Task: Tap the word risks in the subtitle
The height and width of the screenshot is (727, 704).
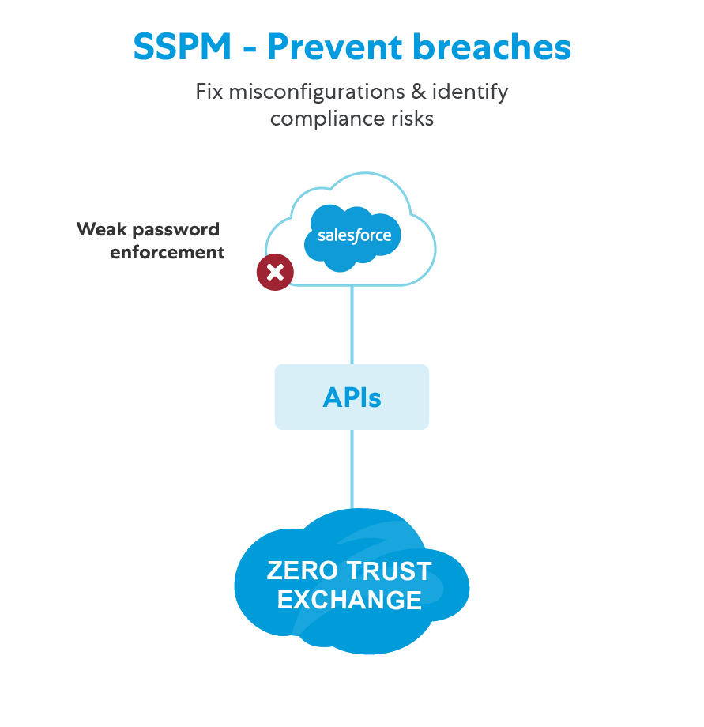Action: [410, 119]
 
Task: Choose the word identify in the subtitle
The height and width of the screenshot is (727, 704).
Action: [470, 92]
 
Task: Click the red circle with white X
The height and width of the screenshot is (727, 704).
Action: [275, 273]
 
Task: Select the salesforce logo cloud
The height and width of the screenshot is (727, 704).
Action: [354, 234]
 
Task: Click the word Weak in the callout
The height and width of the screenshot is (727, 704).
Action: [100, 230]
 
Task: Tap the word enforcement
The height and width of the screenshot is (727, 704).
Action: [168, 253]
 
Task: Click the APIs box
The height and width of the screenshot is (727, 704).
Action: [352, 397]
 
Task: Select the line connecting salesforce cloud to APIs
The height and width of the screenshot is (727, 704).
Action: [352, 324]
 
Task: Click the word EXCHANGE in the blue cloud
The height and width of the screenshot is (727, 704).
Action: [349, 600]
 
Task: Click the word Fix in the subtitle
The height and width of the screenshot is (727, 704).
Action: [209, 92]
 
